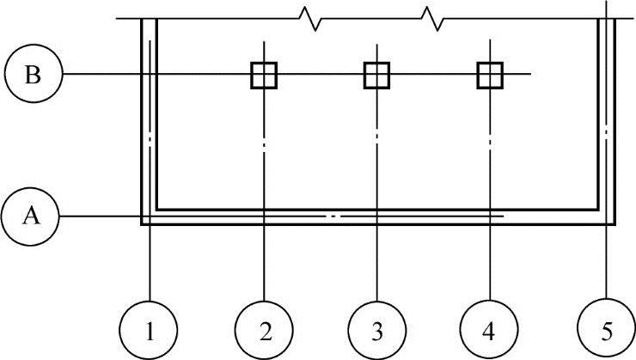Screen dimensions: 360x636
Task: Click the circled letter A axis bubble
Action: coord(32,217)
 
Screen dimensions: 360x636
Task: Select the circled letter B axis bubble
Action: coord(32,75)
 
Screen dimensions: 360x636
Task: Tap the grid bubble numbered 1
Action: coord(150,328)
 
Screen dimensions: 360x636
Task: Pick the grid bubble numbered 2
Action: coord(264,328)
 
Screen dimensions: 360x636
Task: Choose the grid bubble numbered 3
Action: coord(377,328)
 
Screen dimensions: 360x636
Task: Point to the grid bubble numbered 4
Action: coord(490,328)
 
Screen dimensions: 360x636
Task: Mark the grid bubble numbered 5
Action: coord(607,328)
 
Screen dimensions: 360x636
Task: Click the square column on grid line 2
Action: coord(264,75)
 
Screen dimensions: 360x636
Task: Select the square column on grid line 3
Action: coord(377,75)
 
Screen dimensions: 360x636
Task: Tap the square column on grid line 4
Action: coord(490,75)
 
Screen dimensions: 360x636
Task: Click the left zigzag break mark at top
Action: coord(309,18)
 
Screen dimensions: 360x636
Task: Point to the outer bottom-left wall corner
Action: coord(142,224)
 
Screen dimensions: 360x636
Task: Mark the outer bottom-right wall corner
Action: coord(615,224)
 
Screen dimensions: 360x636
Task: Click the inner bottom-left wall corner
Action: coord(156,210)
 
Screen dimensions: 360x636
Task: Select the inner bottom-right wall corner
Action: coord(599,210)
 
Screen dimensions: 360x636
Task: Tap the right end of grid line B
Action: coord(531,75)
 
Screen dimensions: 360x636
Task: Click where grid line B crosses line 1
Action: coord(150,75)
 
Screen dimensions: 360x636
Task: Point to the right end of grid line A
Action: coord(504,217)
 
